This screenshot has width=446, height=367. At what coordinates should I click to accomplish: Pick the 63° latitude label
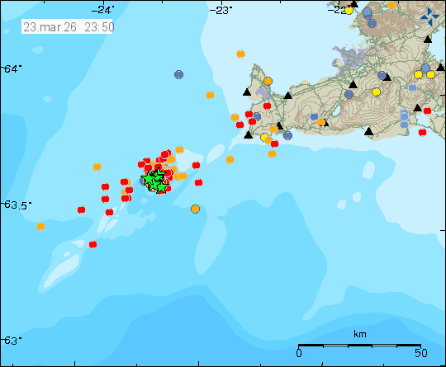click(12, 340)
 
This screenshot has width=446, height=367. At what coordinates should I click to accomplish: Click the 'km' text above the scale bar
click(359, 334)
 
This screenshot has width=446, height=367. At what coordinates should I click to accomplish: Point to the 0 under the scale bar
click(298, 354)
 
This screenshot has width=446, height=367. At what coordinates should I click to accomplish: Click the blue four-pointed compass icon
click(429, 17)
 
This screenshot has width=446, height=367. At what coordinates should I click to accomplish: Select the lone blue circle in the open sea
click(178, 74)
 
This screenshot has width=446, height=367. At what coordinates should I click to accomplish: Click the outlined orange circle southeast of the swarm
click(195, 209)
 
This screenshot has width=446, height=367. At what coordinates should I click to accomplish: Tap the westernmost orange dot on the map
click(40, 225)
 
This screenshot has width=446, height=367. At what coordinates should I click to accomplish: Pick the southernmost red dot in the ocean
click(93, 244)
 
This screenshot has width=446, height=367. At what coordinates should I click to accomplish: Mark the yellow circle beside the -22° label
click(349, 11)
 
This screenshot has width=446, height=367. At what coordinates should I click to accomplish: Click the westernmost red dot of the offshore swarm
click(81, 210)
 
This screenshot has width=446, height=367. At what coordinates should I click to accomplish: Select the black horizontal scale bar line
click(359, 345)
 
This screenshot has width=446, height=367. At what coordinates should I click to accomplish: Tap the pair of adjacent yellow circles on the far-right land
click(424, 74)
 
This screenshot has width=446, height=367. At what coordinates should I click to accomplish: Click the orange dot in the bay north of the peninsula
click(240, 54)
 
